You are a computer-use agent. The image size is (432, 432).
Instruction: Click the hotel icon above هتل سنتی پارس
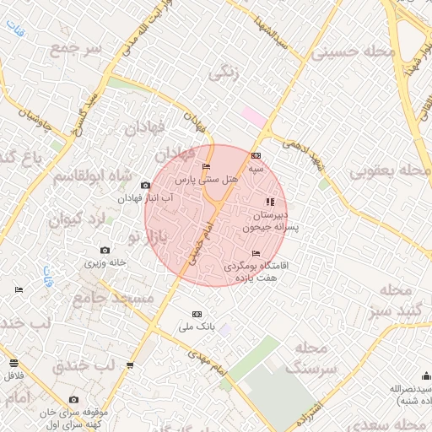click(208, 167)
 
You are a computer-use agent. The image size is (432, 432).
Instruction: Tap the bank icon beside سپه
click(256, 155)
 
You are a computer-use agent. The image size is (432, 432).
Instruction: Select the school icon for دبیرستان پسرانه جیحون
click(270, 202)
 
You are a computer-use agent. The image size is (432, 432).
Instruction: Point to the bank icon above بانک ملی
click(198, 312)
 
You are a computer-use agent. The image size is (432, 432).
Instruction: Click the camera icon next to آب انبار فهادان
click(146, 185)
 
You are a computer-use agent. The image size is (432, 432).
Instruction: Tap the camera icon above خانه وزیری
click(105, 250)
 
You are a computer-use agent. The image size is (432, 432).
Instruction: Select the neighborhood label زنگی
click(223, 74)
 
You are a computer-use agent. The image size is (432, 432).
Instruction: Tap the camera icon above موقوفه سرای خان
click(73, 399)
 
